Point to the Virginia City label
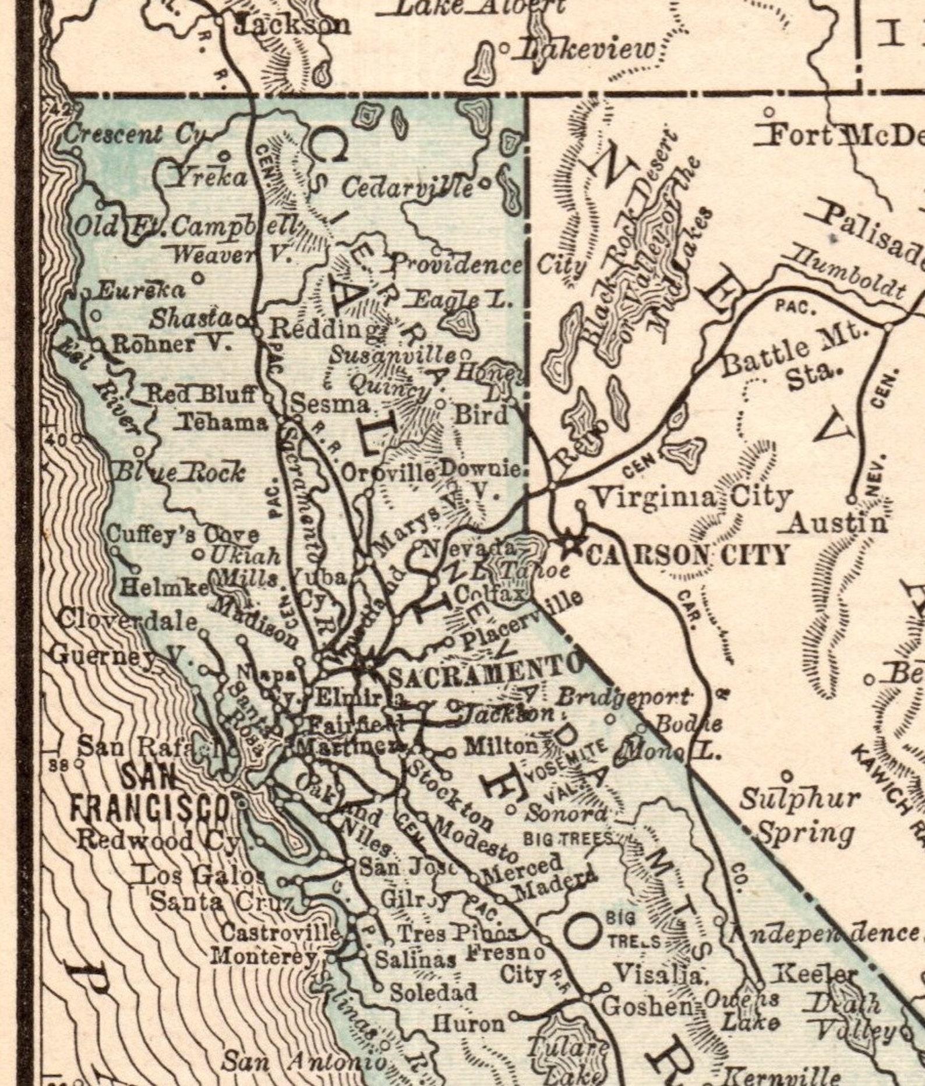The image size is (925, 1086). (692, 497)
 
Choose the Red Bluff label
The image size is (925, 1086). (200, 394)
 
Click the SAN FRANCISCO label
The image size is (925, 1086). (149, 791)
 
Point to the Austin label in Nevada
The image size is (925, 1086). (836, 524)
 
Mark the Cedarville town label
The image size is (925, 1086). (407, 188)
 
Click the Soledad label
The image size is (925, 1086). (433, 992)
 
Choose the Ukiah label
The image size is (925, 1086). (245, 555)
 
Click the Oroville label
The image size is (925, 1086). (389, 473)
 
